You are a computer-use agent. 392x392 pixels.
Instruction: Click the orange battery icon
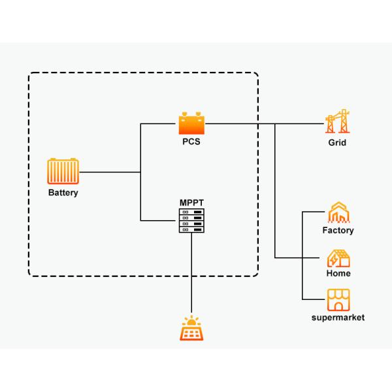[x=63, y=172]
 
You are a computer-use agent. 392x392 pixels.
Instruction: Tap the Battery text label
[x=63, y=193]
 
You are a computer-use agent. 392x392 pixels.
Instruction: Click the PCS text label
[x=192, y=141]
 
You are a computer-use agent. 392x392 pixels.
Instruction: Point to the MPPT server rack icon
[x=192, y=221]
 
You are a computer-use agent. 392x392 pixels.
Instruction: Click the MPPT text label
[x=192, y=203]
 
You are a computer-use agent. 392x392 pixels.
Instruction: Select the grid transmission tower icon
[x=336, y=122]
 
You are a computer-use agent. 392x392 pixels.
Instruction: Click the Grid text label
[x=337, y=142]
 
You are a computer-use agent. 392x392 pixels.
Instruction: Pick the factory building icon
[x=338, y=212]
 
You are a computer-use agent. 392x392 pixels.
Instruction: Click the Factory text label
[x=338, y=230]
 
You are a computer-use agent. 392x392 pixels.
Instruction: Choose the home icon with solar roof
[x=338, y=258]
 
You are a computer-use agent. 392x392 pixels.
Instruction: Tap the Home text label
[x=338, y=274]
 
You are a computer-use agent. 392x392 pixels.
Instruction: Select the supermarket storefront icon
[x=338, y=299]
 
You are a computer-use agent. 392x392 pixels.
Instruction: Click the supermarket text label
[x=338, y=318]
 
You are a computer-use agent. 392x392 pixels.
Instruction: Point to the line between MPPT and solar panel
[x=191, y=274]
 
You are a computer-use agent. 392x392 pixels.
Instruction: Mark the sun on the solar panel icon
[x=191, y=321]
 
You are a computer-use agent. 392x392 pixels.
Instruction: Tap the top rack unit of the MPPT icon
[x=192, y=212]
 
